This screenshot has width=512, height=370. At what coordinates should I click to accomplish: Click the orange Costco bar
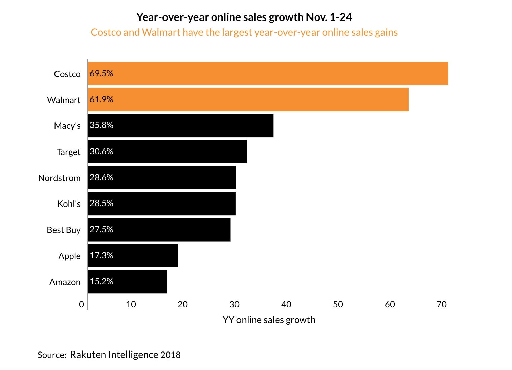click(x=268, y=73)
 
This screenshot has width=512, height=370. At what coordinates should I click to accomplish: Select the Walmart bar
click(x=248, y=100)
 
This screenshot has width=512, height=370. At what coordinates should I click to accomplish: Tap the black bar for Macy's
click(x=181, y=125)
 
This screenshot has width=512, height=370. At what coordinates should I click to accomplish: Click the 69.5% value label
click(x=101, y=73)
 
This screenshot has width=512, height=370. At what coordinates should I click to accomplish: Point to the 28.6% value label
click(x=101, y=177)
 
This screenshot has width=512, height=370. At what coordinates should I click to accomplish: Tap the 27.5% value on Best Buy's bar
click(x=101, y=229)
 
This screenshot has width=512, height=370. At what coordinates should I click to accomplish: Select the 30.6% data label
click(x=101, y=151)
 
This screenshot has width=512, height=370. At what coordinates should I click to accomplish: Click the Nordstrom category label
click(x=60, y=178)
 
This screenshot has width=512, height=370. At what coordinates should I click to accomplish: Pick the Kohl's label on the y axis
click(x=69, y=204)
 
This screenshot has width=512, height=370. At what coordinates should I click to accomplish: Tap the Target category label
click(x=69, y=152)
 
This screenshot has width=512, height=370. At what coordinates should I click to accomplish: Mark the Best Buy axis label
click(x=64, y=230)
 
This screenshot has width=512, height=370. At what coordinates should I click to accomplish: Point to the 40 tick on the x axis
click(x=286, y=304)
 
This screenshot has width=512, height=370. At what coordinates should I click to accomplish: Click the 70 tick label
click(x=442, y=304)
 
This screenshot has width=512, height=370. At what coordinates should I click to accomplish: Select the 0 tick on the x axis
click(x=81, y=304)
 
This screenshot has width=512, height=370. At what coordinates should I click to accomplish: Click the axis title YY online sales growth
click(x=269, y=320)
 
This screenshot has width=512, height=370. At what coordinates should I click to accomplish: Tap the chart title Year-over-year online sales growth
click(x=244, y=17)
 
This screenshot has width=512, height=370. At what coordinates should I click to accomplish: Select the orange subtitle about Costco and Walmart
click(x=244, y=32)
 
